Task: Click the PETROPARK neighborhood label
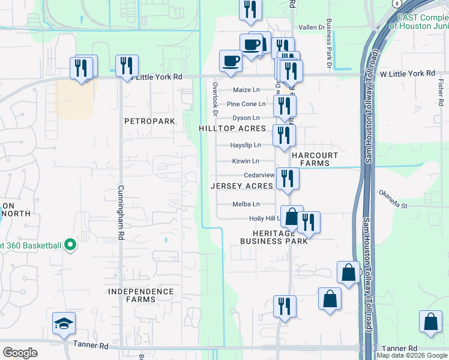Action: tap(149, 121)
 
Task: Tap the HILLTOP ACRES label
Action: tap(232, 129)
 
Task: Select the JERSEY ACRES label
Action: tap(242, 186)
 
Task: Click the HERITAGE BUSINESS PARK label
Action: tap(274, 237)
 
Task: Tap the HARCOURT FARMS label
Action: tap(310, 159)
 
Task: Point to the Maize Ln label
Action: tap(247, 91)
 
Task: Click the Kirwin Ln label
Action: tap(246, 161)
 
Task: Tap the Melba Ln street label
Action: tap(246, 204)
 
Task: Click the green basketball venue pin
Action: tap(70, 245)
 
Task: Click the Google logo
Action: tap(20, 353)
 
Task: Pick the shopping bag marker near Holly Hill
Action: tap(291, 216)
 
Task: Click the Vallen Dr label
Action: tap(312, 28)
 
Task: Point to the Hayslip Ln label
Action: tap(246, 145)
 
